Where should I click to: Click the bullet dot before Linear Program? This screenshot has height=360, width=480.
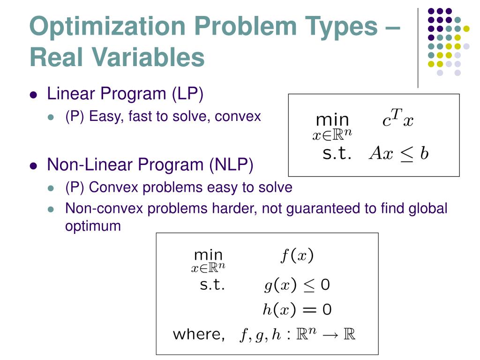pyautogui.click(x=33, y=95)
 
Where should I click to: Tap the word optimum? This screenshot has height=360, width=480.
pyautogui.click(x=93, y=225)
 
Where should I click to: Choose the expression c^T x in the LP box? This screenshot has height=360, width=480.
pyautogui.click(x=397, y=120)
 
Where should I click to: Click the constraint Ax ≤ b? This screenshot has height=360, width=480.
pyautogui.click(x=398, y=153)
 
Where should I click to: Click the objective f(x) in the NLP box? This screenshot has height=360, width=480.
pyautogui.click(x=297, y=255)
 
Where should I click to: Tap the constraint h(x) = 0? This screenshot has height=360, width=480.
pyautogui.click(x=297, y=309)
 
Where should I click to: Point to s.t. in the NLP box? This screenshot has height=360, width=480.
pyautogui.click(x=212, y=285)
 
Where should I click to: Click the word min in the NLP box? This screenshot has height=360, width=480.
pyautogui.click(x=208, y=255)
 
